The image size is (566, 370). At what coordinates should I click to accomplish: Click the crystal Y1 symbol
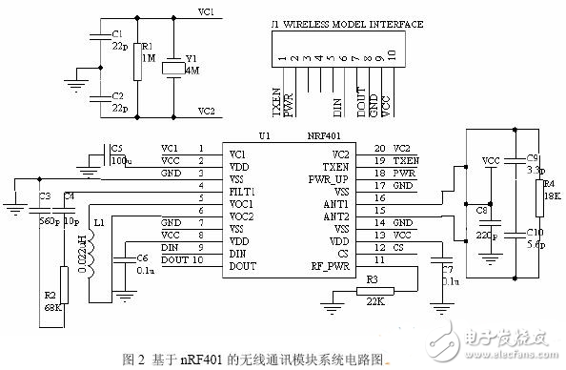click(172, 69)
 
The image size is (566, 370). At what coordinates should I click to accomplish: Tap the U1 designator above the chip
click(264, 136)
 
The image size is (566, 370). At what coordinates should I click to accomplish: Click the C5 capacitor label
click(116, 148)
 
